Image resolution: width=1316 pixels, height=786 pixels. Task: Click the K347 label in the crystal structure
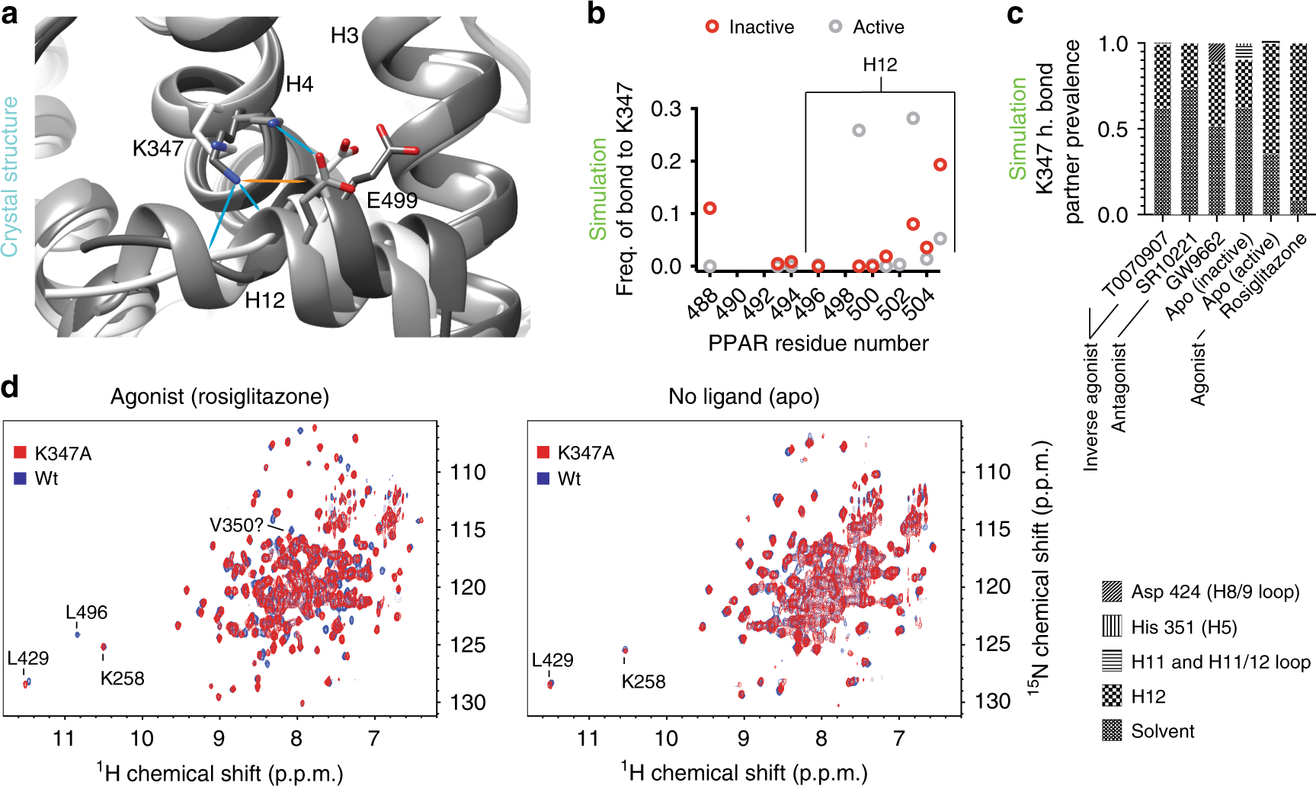[157, 148]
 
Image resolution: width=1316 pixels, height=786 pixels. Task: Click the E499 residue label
[392, 201]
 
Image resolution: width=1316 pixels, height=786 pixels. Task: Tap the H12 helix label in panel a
[264, 300]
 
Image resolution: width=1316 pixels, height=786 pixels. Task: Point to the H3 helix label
[344, 36]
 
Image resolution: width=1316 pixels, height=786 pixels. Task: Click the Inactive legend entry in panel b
[750, 27]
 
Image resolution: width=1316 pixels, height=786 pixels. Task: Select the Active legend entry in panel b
[867, 27]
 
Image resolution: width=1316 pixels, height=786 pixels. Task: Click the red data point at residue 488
[709, 208]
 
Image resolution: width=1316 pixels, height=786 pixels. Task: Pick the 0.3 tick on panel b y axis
[666, 109]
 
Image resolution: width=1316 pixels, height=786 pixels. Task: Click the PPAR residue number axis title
[818, 344]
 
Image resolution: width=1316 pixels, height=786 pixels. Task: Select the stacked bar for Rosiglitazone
[1297, 130]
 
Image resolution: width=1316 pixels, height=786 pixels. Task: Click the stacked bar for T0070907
[1162, 130]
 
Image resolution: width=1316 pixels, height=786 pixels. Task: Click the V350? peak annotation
[236, 525]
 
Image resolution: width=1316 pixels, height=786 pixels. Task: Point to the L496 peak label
[86, 612]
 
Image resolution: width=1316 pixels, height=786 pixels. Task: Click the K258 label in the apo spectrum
[643, 682]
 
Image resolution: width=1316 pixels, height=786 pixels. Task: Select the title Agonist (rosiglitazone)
[219, 396]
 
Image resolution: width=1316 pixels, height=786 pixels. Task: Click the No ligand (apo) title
[744, 396]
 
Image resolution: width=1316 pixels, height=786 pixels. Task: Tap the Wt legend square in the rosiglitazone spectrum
[21, 479]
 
